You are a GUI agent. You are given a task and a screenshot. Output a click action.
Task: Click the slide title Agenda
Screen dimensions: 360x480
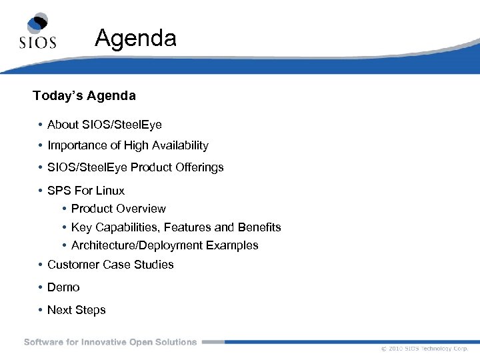tap(135, 38)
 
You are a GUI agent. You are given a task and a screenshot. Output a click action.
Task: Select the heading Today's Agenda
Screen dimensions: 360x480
tap(84, 96)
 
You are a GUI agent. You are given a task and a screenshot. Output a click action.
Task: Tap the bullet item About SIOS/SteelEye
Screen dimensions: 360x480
tap(104, 125)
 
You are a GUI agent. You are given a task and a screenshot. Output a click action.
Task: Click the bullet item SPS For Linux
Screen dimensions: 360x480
tap(86, 191)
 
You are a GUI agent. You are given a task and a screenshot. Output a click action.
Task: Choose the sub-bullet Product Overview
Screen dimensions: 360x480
tap(118, 209)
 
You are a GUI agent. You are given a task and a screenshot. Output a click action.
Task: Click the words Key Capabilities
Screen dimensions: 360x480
tap(110, 227)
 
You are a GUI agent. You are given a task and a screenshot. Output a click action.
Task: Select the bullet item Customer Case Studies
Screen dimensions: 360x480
tap(110, 265)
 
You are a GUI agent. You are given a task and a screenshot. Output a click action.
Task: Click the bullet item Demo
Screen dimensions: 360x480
tap(63, 287)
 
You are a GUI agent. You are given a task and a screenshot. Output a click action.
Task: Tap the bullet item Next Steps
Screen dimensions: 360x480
tap(76, 310)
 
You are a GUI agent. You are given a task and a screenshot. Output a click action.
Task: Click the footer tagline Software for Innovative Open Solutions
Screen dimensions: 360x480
tap(111, 342)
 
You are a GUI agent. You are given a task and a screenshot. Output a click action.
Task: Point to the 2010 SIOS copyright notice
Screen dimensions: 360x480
tap(425, 349)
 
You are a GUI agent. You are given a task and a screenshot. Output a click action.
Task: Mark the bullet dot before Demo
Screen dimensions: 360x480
tap(41, 287)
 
